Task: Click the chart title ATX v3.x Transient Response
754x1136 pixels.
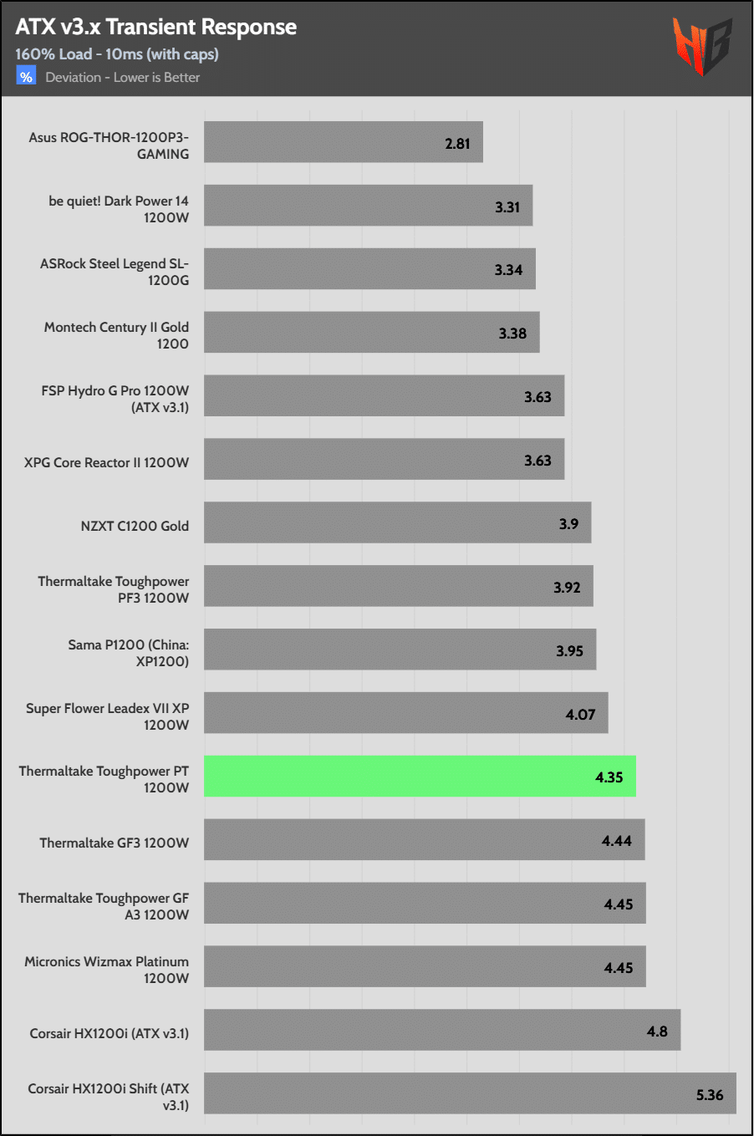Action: click(x=156, y=27)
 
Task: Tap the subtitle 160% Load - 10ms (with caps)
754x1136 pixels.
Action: click(x=117, y=54)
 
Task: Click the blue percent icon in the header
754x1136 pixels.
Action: click(x=26, y=77)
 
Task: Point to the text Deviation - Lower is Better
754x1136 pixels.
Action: click(x=123, y=78)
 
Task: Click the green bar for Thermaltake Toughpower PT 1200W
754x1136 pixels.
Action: click(x=420, y=777)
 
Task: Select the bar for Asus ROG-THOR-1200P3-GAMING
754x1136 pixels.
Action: click(x=343, y=142)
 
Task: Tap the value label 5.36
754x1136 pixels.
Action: click(x=710, y=1095)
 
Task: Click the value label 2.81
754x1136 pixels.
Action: click(x=457, y=144)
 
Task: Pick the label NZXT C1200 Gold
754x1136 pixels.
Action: click(x=135, y=526)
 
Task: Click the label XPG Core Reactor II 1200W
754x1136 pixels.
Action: click(x=106, y=462)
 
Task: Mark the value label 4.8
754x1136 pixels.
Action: click(x=657, y=1032)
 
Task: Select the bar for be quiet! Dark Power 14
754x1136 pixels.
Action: click(x=368, y=206)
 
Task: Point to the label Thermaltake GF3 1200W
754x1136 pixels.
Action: click(x=114, y=843)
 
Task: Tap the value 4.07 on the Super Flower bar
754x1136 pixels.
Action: click(x=580, y=715)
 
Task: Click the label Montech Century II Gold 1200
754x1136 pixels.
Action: click(x=116, y=335)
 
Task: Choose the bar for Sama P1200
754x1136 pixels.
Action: click(x=400, y=650)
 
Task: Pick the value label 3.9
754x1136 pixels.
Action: click(x=568, y=524)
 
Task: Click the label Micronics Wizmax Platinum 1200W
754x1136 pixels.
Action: click(x=106, y=970)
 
